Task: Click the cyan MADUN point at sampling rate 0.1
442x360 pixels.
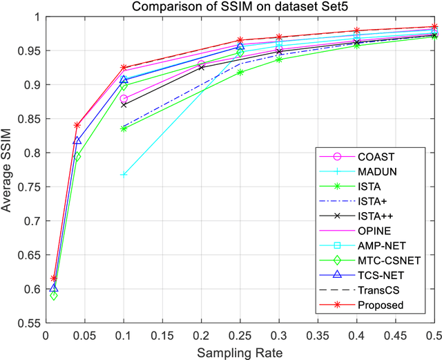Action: (124, 175)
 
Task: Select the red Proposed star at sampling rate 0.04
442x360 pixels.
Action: (77, 125)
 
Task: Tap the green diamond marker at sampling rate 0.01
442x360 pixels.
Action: (54, 296)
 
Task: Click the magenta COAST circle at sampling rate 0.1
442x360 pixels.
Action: (124, 100)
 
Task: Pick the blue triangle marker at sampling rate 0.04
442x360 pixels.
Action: (77, 140)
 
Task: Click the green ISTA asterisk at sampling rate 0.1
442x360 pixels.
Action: (124, 129)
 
